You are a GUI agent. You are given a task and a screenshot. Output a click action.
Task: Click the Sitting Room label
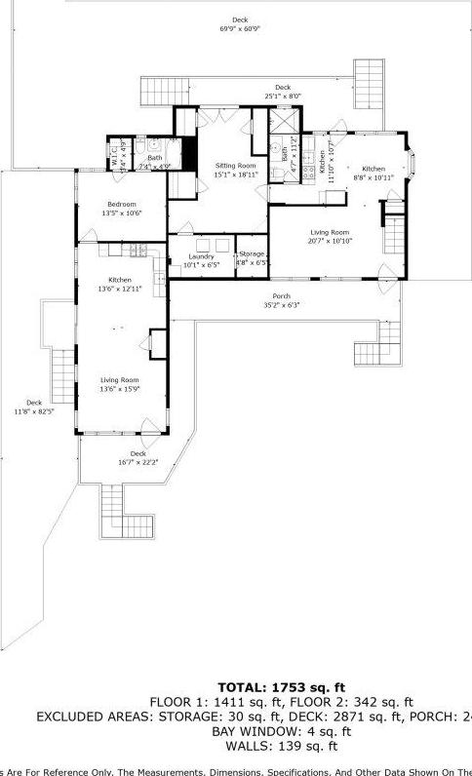(235, 167)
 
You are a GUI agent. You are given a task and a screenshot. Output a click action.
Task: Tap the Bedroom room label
(122, 204)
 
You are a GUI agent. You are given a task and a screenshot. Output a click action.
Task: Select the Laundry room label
(202, 256)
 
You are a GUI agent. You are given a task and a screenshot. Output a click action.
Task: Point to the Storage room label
(252, 253)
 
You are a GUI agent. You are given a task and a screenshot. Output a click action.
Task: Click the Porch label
(281, 295)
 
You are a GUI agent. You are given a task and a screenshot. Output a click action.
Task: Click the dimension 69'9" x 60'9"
(239, 28)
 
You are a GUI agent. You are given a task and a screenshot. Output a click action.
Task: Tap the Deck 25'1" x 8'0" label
(283, 96)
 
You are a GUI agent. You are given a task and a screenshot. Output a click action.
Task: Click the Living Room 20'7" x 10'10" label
(331, 232)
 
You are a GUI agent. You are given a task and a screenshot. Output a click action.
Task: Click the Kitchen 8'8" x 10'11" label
(374, 169)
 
